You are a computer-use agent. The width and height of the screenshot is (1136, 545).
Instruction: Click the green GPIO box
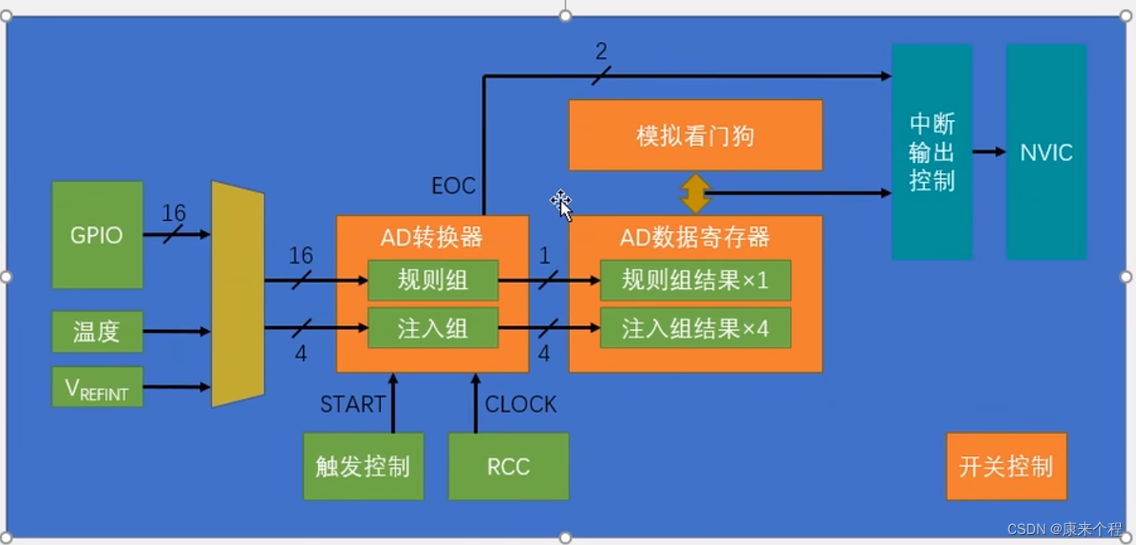coord(97,234)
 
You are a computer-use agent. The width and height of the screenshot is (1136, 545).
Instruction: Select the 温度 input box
coord(97,332)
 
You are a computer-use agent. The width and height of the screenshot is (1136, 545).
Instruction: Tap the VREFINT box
coord(97,387)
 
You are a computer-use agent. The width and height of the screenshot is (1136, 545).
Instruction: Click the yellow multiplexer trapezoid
coord(238,294)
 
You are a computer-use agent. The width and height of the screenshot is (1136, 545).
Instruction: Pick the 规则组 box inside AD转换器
coord(432,280)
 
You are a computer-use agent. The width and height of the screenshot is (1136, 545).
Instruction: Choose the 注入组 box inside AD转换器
coord(432,328)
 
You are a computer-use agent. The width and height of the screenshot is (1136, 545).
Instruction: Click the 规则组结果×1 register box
coord(695,280)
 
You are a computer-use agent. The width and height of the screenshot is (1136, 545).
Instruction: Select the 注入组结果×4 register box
coord(695,328)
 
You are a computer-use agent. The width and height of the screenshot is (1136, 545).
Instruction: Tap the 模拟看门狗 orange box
coord(695,135)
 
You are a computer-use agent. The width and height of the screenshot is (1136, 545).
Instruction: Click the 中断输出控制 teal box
coord(932,152)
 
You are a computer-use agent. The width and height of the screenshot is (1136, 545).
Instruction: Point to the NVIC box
coord(1046,152)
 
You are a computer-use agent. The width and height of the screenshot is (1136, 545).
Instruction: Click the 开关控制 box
coord(1006,466)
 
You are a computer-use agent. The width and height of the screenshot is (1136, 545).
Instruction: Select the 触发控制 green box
coord(363,466)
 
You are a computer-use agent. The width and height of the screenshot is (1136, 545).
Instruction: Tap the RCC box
coord(508,466)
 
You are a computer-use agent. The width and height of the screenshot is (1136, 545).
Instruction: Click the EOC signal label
coord(453,186)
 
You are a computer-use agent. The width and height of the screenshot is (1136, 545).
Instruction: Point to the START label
coord(352,405)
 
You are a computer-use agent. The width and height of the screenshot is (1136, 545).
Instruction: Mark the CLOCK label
coord(521,405)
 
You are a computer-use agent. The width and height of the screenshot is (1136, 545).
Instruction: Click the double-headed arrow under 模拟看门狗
coord(695,193)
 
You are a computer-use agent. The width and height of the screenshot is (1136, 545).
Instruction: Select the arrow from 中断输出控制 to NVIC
coord(989,152)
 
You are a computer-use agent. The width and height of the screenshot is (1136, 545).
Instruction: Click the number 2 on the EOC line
coord(601,52)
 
